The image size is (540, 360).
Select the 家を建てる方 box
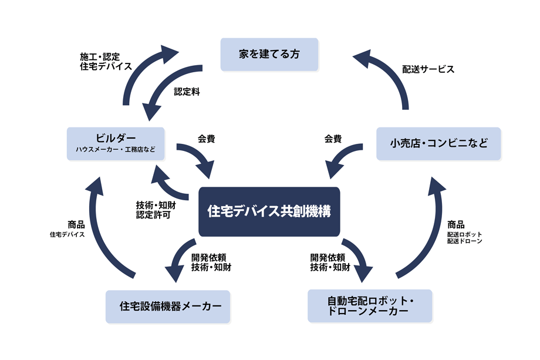(x=269, y=55)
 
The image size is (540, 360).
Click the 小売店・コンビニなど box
(x=438, y=143)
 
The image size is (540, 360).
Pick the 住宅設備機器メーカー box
(x=167, y=306)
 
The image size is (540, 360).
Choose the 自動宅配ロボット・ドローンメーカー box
(x=370, y=306)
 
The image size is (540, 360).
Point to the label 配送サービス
(x=428, y=69)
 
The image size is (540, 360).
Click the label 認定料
(x=187, y=92)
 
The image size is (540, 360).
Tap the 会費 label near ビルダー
(x=206, y=140)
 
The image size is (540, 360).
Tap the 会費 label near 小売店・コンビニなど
(x=333, y=140)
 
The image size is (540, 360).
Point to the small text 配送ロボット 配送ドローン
(x=464, y=237)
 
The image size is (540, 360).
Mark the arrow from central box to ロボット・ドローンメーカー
(x=359, y=258)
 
